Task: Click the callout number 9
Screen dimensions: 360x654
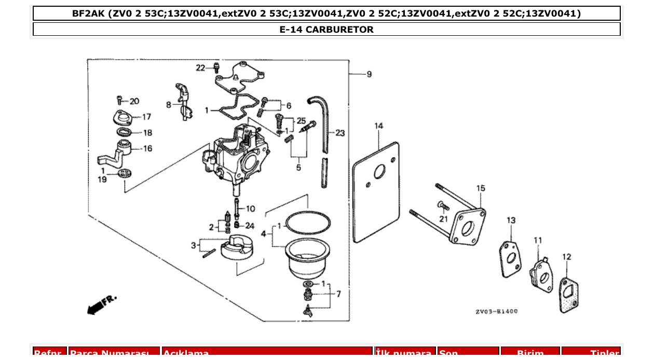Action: (369, 75)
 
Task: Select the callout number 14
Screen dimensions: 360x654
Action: (379, 126)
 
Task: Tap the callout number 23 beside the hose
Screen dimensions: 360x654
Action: (340, 133)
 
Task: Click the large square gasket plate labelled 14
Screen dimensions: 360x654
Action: (377, 192)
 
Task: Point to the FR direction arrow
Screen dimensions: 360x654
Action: (101, 305)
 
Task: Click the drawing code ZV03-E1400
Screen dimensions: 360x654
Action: (496, 312)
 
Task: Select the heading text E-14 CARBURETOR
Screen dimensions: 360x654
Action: (326, 30)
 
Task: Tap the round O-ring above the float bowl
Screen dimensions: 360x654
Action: (308, 223)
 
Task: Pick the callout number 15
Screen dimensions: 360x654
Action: (481, 188)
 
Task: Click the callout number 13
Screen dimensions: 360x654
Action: (511, 220)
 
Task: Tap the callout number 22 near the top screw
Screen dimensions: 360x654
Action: (200, 68)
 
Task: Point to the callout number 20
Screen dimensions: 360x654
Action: (134, 101)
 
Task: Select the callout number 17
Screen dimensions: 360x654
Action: (146, 117)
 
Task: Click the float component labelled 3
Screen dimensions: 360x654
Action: (236, 247)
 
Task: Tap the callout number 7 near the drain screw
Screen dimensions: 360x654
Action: (338, 294)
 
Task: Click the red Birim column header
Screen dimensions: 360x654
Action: (530, 353)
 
